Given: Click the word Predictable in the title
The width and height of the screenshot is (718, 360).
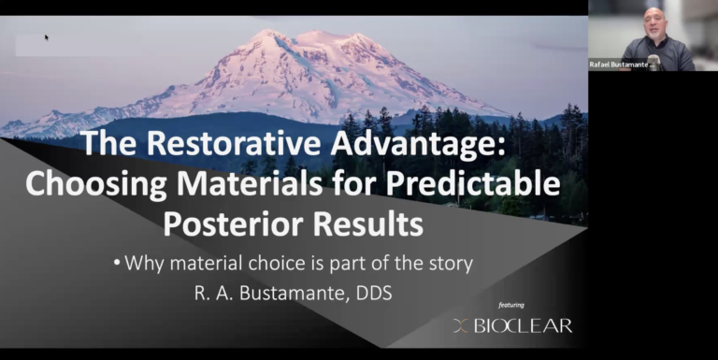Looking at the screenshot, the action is (473, 183).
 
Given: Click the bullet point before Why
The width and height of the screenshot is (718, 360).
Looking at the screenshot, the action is (117, 264).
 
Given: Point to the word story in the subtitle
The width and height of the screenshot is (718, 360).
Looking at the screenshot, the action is (450, 265).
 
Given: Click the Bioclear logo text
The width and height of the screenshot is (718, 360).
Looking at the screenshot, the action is (523, 325).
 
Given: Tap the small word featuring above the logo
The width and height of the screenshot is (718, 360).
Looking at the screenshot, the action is (511, 305).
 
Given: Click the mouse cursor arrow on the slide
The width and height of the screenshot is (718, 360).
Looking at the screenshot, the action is (47, 37).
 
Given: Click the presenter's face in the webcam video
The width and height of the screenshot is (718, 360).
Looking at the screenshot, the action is (654, 22).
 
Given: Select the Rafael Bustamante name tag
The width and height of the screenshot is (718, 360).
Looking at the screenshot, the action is (621, 65).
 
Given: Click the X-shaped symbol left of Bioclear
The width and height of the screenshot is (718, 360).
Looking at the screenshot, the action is (460, 325).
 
